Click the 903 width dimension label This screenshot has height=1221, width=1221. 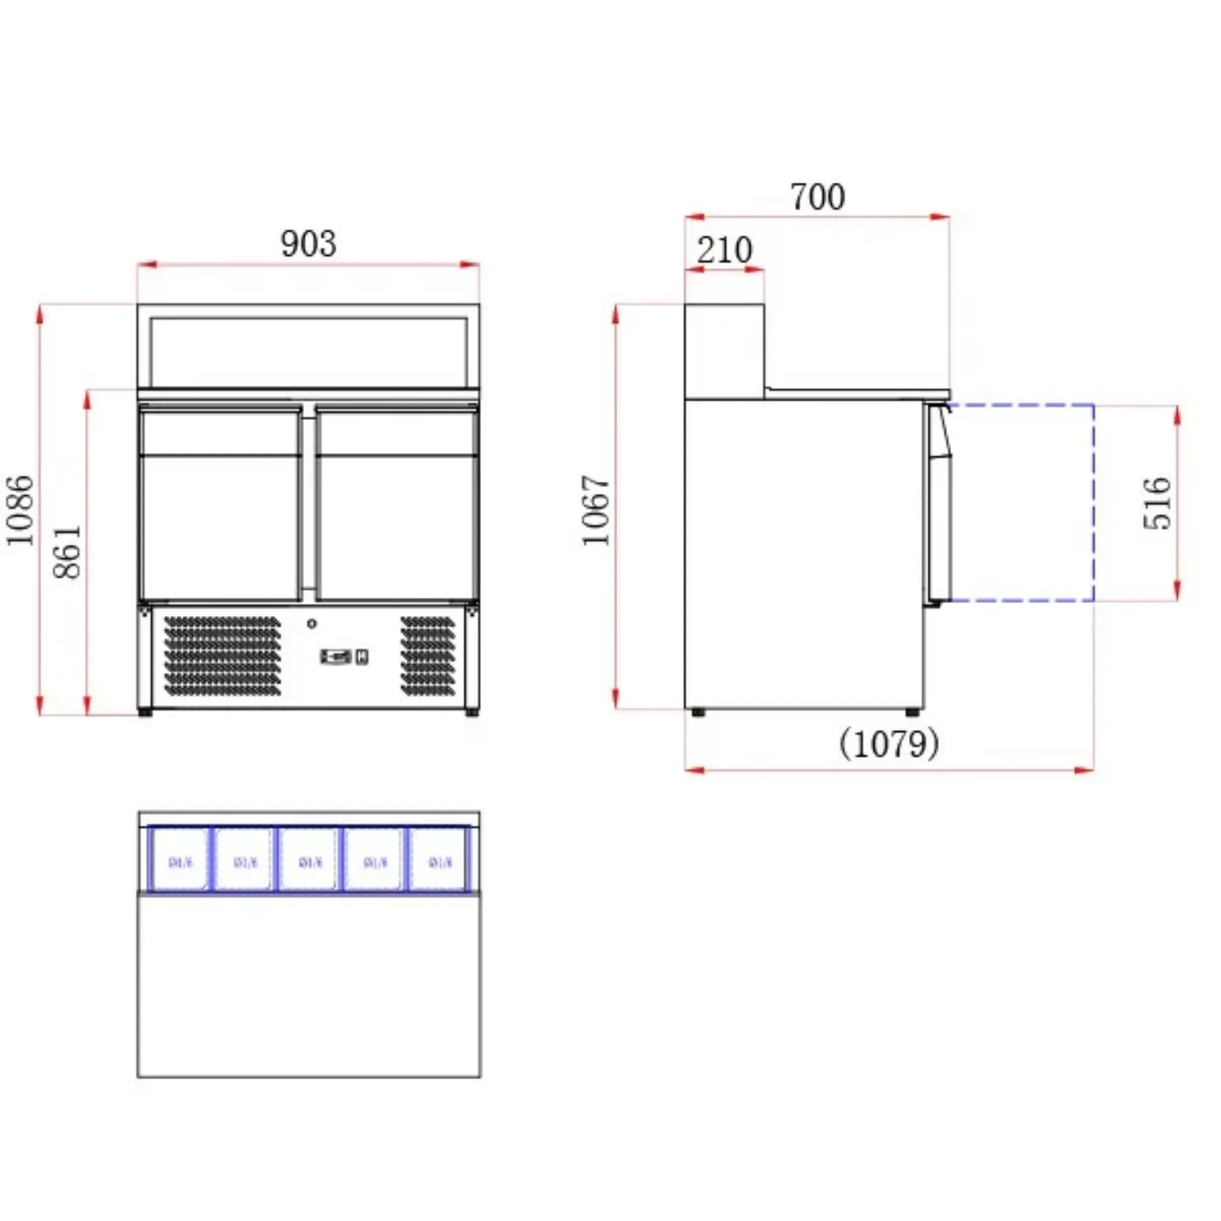click(x=308, y=244)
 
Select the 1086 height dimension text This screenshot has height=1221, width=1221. click(x=19, y=510)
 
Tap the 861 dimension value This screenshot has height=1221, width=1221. click(x=67, y=551)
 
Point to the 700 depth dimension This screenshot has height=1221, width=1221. click(x=817, y=197)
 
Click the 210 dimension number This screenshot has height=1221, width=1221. click(x=724, y=250)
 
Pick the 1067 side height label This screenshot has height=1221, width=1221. click(x=596, y=510)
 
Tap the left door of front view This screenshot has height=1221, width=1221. click(x=220, y=505)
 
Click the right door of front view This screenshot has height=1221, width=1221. click(x=397, y=505)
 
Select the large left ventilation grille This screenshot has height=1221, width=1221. click(x=222, y=657)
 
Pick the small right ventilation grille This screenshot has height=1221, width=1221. click(x=428, y=657)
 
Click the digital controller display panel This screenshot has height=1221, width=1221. click(x=336, y=657)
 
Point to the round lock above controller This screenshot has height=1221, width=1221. click(x=311, y=624)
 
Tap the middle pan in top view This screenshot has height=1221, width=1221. click(x=309, y=860)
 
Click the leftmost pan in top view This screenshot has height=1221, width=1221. click(x=180, y=860)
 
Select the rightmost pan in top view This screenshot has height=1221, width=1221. click(x=439, y=860)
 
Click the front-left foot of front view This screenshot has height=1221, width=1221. click(x=145, y=712)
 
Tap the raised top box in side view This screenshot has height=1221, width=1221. click(x=724, y=352)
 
